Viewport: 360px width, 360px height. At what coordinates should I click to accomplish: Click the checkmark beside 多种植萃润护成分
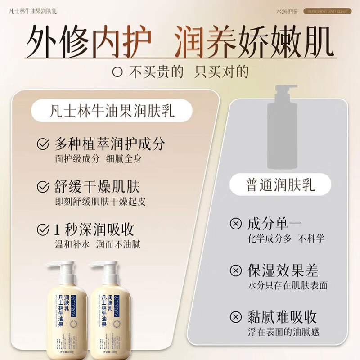point(42,144)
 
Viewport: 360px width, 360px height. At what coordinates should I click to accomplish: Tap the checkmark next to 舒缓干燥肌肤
point(42,186)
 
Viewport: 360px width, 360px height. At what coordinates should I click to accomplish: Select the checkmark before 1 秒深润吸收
point(42,229)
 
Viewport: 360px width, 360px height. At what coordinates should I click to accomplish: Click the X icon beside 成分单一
point(235,224)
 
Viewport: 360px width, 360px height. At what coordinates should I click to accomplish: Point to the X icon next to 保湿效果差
point(235,270)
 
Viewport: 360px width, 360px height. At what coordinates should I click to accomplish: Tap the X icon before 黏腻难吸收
point(235,317)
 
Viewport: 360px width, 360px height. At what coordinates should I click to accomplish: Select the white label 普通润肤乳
point(280,185)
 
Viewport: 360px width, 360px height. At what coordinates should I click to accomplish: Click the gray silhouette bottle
point(282,128)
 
